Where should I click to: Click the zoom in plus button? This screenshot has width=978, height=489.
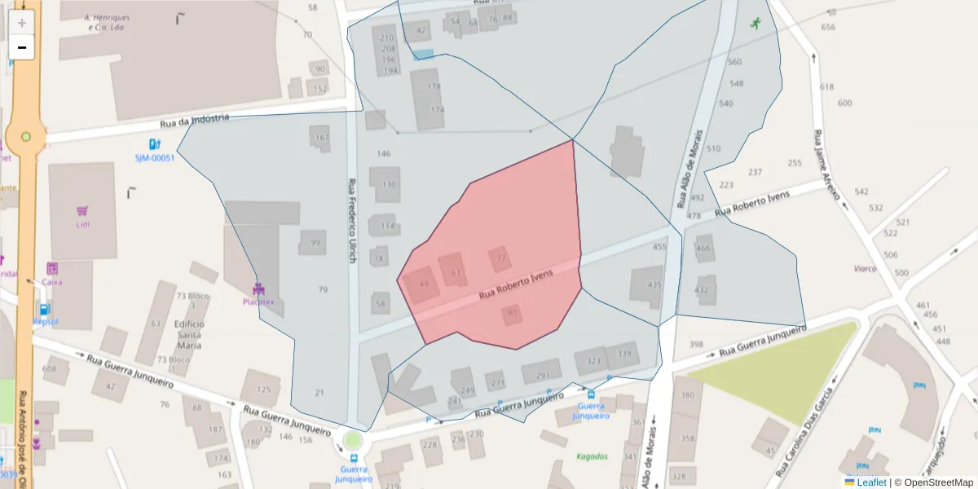(22, 23)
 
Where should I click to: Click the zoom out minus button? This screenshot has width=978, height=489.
(22, 47)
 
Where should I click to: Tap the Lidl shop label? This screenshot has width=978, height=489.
(82, 224)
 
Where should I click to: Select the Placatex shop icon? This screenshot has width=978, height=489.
(259, 289)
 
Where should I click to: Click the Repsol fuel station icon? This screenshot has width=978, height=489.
(42, 310)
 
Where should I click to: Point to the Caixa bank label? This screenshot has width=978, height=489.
(52, 282)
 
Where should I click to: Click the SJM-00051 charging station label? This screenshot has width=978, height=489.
(155, 158)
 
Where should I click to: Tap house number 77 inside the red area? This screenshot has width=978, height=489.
(501, 258)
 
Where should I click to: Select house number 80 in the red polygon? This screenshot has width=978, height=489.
(512, 312)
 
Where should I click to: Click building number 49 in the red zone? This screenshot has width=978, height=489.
(423, 284)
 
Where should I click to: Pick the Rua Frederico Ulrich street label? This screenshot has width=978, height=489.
(352, 220)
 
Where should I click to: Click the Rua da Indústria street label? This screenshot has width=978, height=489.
(195, 121)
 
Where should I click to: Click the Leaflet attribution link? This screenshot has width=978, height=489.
(870, 482)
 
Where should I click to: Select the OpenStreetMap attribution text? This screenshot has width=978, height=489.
(933, 482)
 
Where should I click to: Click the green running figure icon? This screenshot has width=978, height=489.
(756, 23)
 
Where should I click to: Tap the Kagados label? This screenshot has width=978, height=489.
(592, 456)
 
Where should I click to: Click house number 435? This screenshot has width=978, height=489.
(654, 284)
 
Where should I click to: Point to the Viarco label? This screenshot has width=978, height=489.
(865, 268)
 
